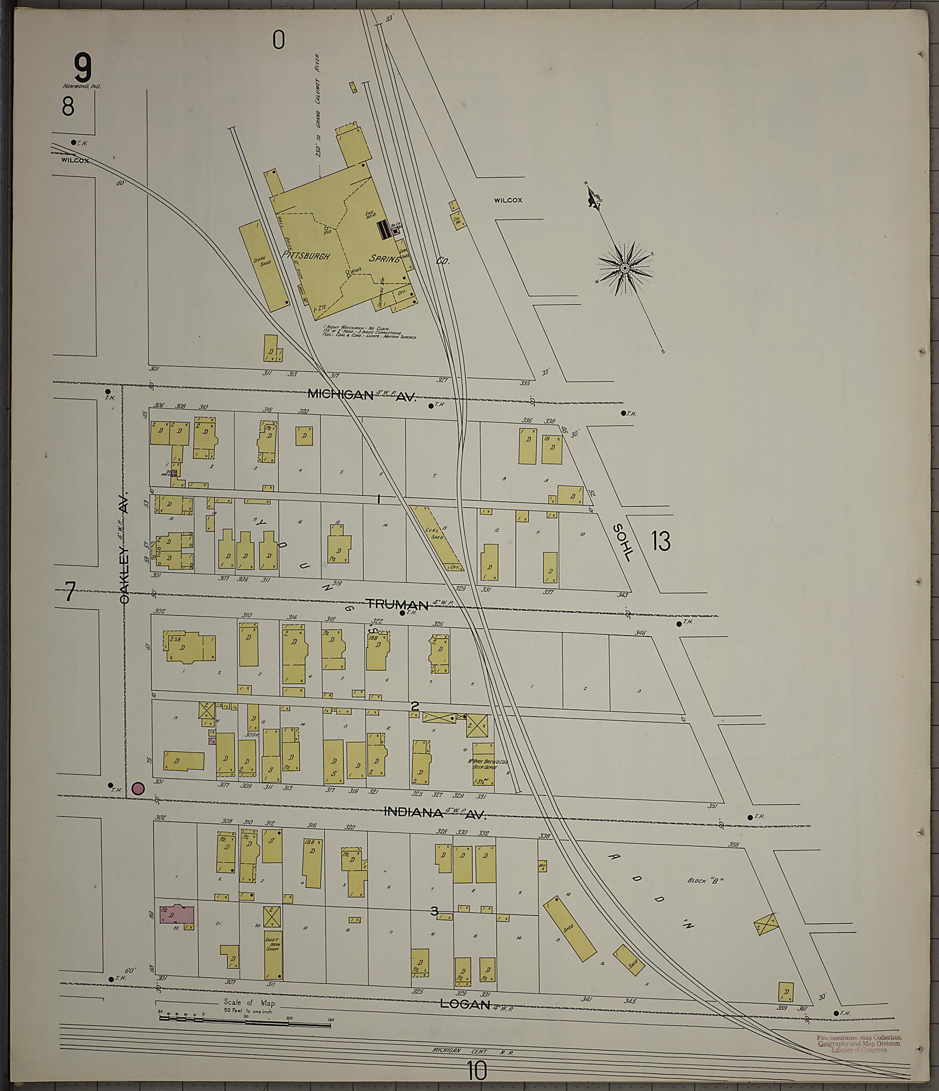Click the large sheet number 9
(83, 68)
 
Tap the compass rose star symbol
(625, 269)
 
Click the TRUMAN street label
(396, 605)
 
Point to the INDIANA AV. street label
(433, 813)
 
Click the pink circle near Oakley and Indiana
(138, 788)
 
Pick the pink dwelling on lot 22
(177, 915)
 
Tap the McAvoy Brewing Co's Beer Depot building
(483, 764)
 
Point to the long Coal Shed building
(436, 537)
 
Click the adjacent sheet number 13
(660, 541)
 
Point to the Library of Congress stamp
(858, 1044)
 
